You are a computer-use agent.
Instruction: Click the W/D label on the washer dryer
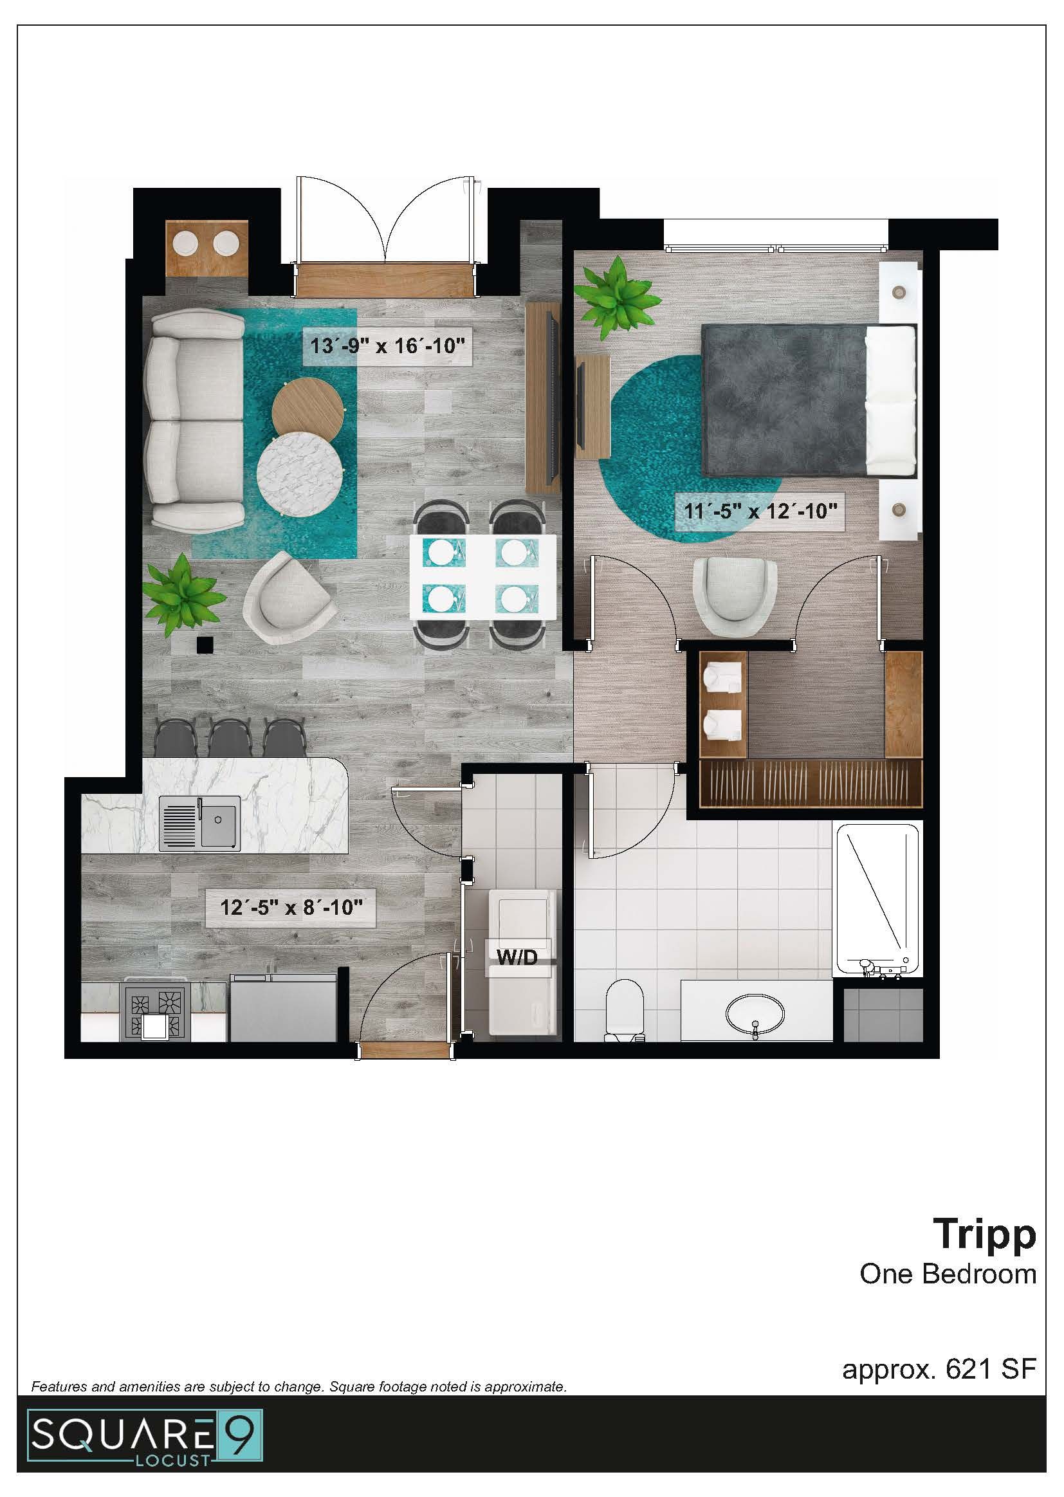(x=517, y=957)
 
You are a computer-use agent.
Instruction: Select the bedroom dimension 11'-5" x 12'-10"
(x=760, y=510)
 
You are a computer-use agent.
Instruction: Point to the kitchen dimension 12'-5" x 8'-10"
(x=291, y=907)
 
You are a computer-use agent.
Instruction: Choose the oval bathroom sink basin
(x=755, y=1013)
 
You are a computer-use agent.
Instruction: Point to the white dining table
(x=483, y=576)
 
